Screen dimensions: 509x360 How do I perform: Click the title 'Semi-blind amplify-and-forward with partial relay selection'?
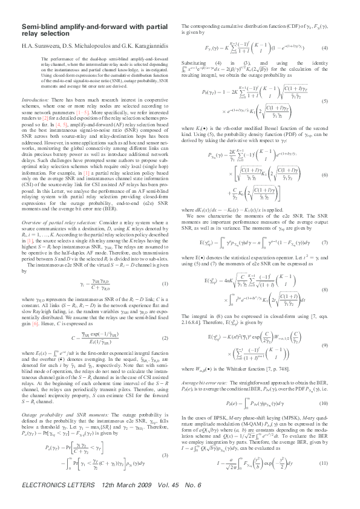pyautogui.click(x=86, y=31)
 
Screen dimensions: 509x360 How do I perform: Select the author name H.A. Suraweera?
pyautogui.click(x=41, y=47)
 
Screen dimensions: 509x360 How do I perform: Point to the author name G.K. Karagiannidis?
pyautogui.click(x=130, y=47)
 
